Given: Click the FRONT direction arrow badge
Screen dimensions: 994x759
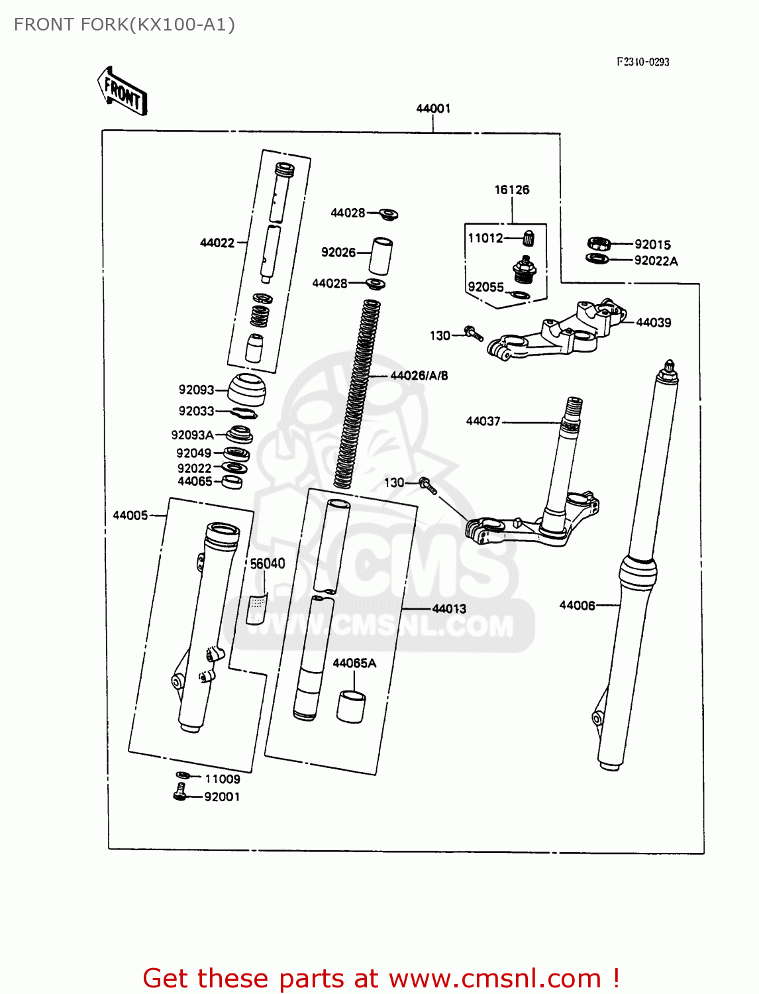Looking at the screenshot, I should pos(123,91).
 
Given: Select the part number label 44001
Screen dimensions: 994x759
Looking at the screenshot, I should pos(433,108).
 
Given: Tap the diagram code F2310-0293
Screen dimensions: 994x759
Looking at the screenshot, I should pos(642,62).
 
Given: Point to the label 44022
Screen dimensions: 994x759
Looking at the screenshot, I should pos(217,243).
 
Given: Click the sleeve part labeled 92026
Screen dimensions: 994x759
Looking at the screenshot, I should pos(381,256).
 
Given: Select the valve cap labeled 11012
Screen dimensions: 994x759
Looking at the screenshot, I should pos(529,237).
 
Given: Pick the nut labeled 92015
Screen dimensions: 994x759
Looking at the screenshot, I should pos(598,244).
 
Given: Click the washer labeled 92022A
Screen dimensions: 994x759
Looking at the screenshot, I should pos(597,258).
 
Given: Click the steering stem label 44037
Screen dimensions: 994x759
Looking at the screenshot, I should pos(483,421).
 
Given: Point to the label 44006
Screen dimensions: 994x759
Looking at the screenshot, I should pos(577,605).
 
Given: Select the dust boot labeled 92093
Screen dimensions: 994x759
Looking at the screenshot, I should pos(247,390).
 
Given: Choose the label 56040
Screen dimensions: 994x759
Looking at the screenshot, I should pos(267,563).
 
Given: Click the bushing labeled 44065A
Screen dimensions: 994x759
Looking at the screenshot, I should pos(351,707).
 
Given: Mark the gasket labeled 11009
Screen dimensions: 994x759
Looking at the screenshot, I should pos(183,775).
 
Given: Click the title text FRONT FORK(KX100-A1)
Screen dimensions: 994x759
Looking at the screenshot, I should pos(125,25).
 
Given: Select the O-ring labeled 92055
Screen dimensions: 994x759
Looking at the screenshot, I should pos(521,295).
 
